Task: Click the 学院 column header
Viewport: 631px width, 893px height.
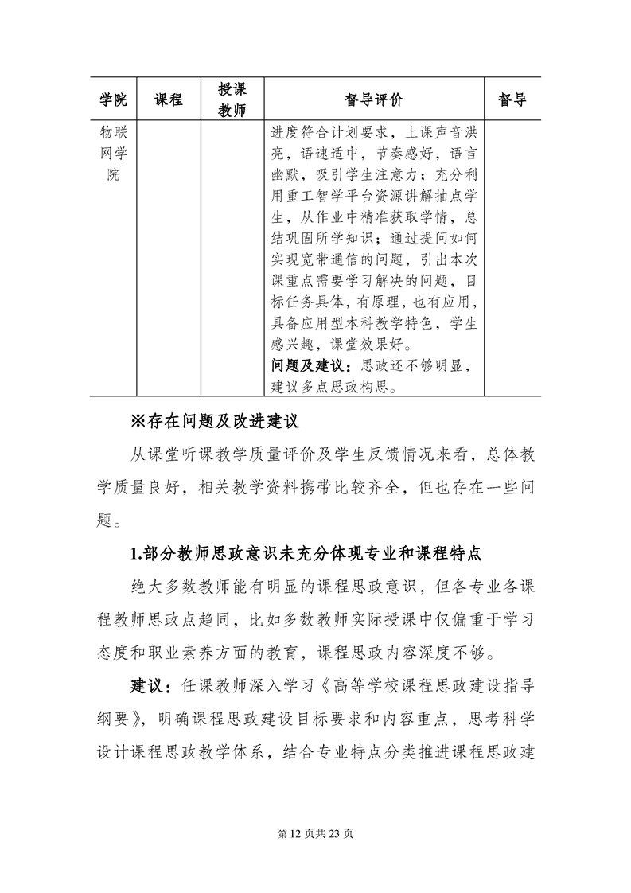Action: [113, 99]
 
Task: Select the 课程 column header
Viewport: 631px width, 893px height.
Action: [168, 99]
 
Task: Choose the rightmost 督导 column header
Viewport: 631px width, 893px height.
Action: [512, 99]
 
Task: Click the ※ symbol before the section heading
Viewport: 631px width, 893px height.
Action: [139, 420]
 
